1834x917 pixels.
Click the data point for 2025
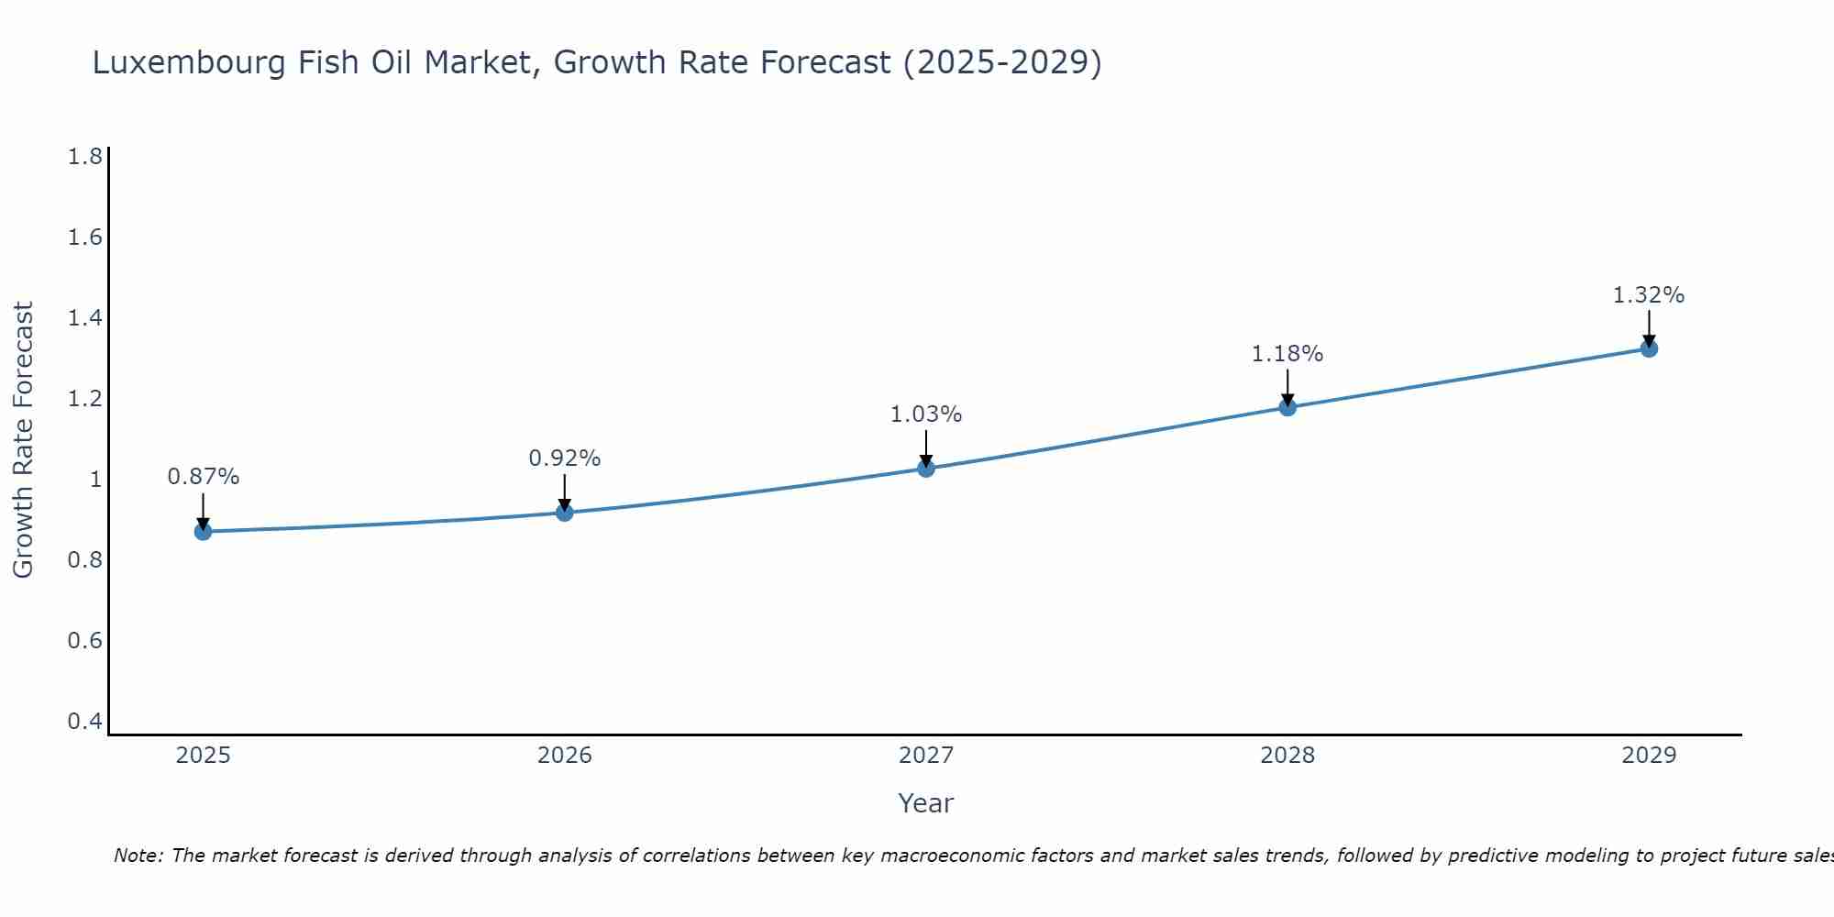203,532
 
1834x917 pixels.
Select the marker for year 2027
926,469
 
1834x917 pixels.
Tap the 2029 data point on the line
1649,348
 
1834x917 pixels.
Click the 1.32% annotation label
1648,295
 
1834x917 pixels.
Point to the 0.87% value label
203,477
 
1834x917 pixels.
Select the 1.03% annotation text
926,414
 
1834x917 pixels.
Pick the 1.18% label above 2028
1287,354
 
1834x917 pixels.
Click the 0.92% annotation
564,458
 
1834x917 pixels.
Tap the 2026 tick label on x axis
564,756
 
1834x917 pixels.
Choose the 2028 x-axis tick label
1287,756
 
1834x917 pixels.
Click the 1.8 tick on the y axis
84,157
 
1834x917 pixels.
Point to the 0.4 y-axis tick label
84,722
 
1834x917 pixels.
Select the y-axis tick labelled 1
94,480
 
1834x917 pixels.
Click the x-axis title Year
925,803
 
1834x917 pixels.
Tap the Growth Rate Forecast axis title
23,440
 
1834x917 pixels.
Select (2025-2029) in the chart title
1002,63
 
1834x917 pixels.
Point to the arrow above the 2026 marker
564,492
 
